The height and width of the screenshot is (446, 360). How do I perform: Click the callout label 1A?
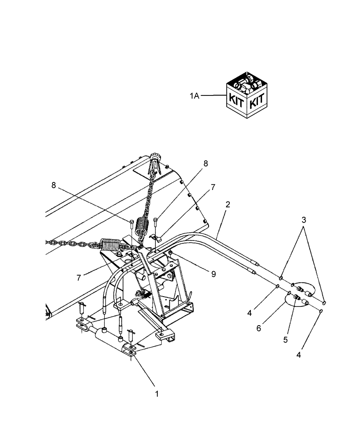[x=194, y=95]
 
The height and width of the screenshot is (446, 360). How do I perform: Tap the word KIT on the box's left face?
[x=237, y=99]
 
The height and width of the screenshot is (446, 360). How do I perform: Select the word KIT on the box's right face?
[x=258, y=102]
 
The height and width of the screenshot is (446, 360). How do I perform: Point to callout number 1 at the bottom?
[x=156, y=394]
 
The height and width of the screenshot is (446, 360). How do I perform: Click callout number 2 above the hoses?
[x=228, y=205]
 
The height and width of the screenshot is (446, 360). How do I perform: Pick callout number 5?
[x=285, y=340]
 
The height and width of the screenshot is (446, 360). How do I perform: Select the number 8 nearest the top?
[x=205, y=164]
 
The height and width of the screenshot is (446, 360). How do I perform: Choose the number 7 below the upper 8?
[x=213, y=188]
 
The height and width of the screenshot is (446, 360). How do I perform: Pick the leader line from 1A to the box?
[x=213, y=95]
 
